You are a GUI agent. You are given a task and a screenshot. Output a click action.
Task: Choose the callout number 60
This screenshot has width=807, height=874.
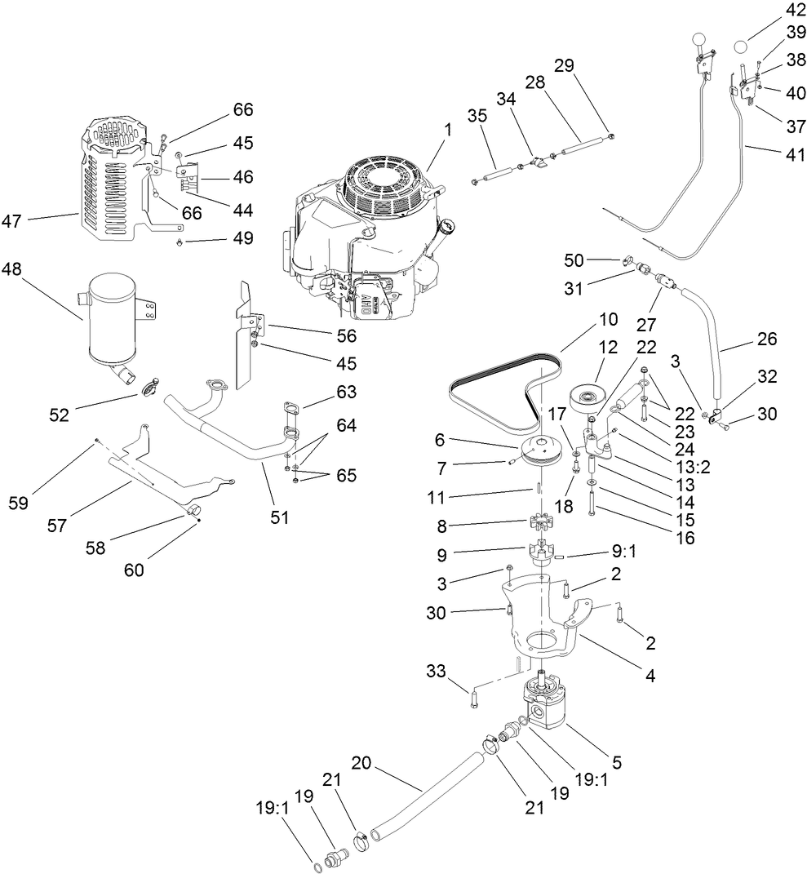pyautogui.click(x=134, y=570)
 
